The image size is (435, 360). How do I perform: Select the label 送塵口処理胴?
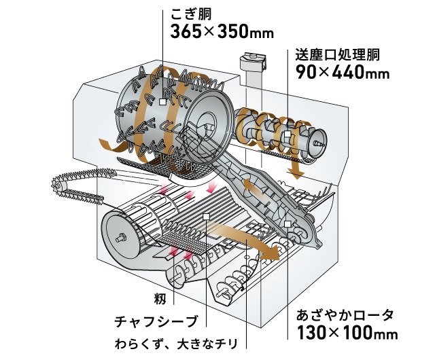point(340,54)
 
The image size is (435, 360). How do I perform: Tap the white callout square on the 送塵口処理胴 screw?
point(288,139)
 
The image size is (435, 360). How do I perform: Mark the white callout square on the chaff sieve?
point(205,217)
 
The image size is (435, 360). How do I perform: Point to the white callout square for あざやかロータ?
point(288,223)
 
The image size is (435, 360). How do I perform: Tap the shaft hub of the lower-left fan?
point(121,238)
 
